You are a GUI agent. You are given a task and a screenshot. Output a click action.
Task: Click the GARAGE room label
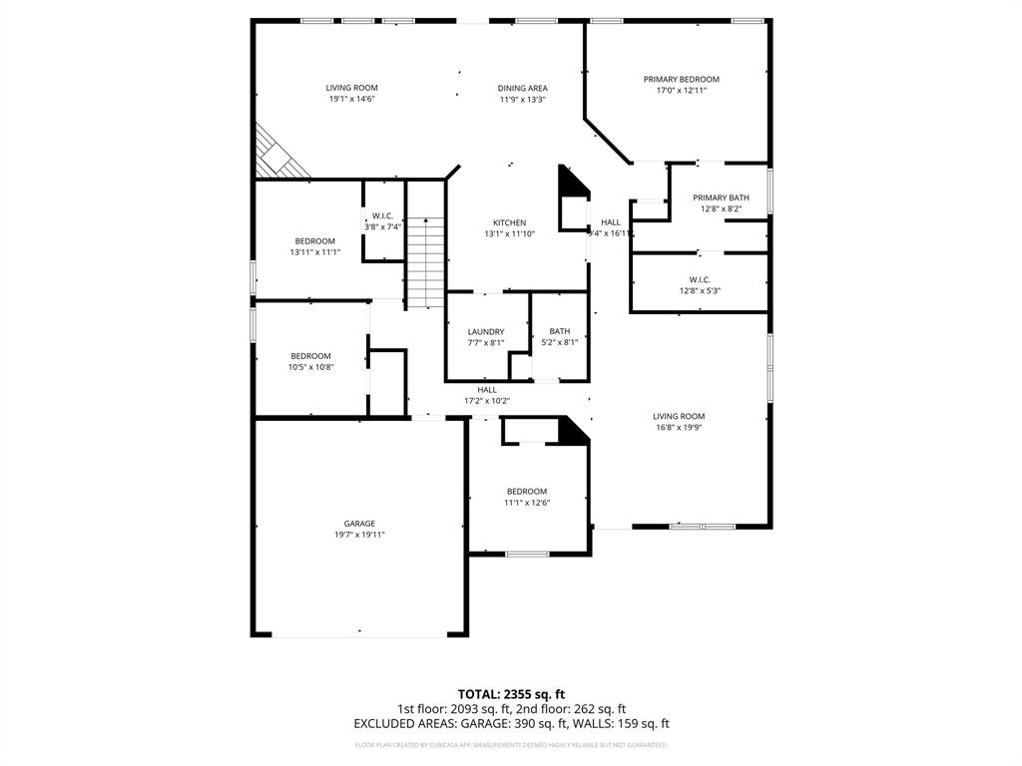359,524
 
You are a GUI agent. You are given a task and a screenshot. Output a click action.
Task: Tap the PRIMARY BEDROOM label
681,80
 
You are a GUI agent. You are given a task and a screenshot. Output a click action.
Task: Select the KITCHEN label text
509,222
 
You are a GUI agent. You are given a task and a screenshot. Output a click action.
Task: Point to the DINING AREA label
522,88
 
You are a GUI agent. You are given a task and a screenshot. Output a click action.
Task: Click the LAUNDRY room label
486,332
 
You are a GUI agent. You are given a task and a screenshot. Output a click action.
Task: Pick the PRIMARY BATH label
721,197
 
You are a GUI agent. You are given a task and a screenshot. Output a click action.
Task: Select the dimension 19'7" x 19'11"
359,536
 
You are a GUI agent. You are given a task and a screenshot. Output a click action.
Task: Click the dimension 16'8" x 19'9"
679,428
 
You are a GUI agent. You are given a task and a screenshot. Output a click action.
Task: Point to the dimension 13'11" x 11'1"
314,252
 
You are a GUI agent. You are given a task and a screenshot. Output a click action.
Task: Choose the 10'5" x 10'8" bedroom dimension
310,367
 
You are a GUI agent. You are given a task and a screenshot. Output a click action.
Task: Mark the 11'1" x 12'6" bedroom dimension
526,503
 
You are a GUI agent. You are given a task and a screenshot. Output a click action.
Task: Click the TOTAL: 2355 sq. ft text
511,694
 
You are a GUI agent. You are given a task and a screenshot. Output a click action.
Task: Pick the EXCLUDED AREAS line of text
511,724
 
